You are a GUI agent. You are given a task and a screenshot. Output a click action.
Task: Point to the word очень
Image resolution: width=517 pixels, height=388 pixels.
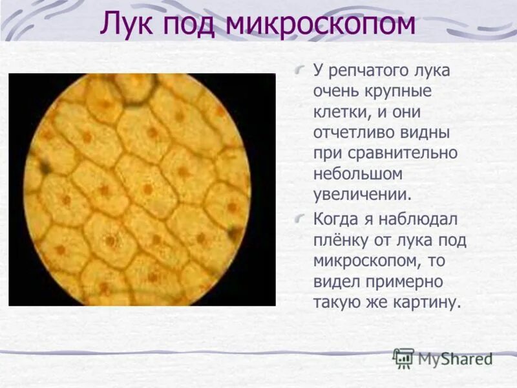pyautogui.click(x=336, y=91)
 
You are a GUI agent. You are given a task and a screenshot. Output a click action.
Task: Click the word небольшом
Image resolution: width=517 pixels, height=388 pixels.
pyautogui.click(x=357, y=174)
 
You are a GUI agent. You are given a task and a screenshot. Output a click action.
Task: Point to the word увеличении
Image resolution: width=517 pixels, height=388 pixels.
pyautogui.click(x=362, y=195)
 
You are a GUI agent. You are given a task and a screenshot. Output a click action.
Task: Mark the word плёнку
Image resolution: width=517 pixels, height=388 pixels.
pyautogui.click(x=339, y=240)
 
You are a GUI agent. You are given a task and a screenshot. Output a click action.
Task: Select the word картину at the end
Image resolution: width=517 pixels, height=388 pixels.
pyautogui.click(x=428, y=303)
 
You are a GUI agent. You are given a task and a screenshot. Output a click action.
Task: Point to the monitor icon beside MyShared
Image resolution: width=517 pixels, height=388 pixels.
pyautogui.click(x=404, y=358)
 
